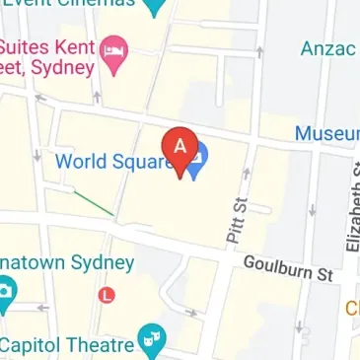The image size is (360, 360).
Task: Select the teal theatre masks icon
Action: [x=152, y=341]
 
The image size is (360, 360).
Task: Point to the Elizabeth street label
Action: [x=350, y=207]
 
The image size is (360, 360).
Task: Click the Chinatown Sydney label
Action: [x=65, y=263]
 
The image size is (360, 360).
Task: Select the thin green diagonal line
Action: [x=94, y=203]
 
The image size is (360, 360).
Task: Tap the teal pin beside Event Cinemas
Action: [x=155, y=8]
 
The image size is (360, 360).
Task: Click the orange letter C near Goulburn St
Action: [x=351, y=310]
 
